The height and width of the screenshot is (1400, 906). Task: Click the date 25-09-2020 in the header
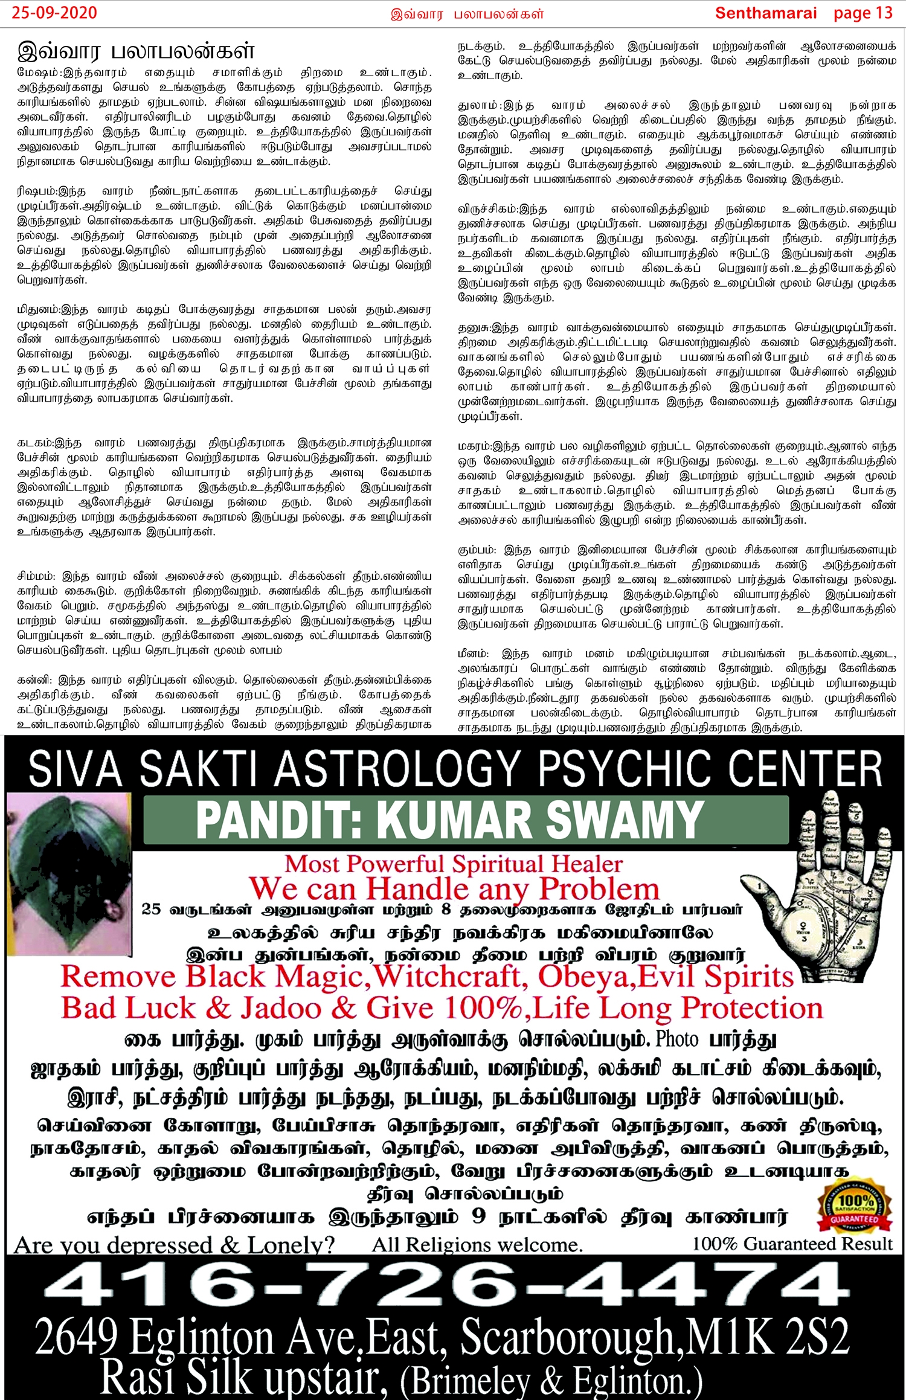[x=54, y=13]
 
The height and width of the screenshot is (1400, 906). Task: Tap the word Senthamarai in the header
[x=765, y=13]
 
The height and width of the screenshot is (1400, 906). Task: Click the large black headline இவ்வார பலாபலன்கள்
[x=136, y=51]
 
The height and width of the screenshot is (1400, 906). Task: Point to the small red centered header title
[x=467, y=14]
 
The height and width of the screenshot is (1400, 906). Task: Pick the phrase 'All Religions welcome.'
[x=477, y=1245]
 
